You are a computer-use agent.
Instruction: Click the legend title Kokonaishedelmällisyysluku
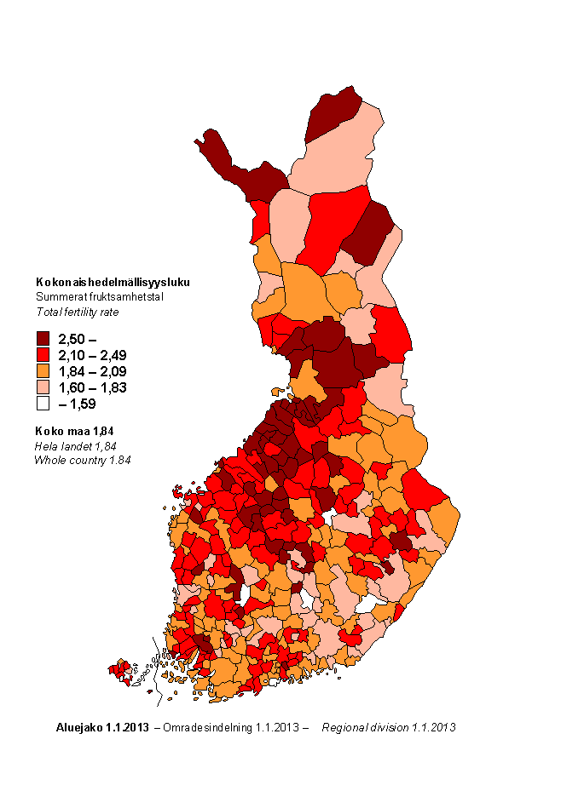[113, 282]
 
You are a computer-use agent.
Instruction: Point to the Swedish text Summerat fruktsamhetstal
[99, 297]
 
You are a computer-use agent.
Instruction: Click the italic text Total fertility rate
[77, 312]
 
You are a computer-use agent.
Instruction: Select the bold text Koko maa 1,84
[76, 431]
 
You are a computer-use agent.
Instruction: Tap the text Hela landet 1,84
[75, 445]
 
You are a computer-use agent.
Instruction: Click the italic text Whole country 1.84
[83, 460]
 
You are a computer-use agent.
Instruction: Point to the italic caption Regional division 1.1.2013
[388, 728]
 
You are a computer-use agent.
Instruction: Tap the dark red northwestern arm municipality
[243, 170]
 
